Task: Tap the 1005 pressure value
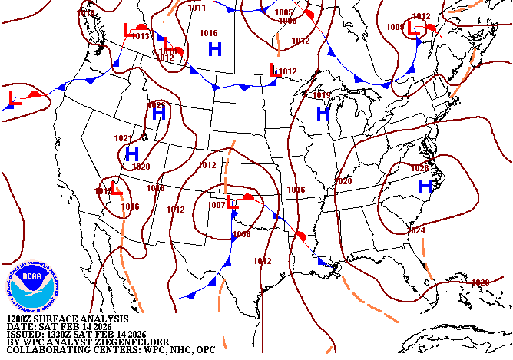(283, 12)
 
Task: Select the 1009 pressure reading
(395, 27)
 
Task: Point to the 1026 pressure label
(419, 168)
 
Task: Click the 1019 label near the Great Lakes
(322, 95)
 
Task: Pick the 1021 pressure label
(123, 138)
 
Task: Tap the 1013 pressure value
(141, 36)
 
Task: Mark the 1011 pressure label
(197, 8)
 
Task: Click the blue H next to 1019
(323, 114)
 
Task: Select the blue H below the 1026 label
(425, 186)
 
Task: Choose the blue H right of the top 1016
(216, 48)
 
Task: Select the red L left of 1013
(128, 30)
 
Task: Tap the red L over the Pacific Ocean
(13, 98)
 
